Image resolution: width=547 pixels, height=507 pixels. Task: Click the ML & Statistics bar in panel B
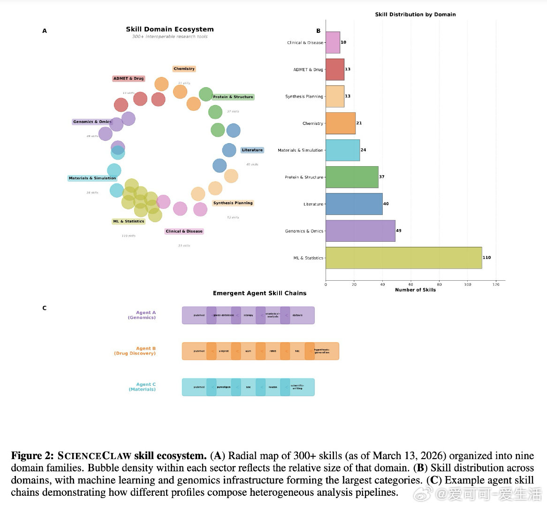pyautogui.click(x=403, y=258)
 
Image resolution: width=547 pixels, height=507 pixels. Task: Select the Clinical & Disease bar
pyautogui.click(x=333, y=42)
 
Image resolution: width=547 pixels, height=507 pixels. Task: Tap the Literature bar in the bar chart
pyautogui.click(x=354, y=204)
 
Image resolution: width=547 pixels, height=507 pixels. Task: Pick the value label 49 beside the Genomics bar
pyautogui.click(x=398, y=230)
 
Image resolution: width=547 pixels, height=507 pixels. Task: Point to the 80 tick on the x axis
pyautogui.click(x=439, y=284)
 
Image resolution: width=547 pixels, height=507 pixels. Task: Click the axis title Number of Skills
pyautogui.click(x=415, y=290)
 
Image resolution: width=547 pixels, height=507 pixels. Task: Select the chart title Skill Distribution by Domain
pyautogui.click(x=415, y=15)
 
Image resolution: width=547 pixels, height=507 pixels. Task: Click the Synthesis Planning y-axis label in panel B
pyautogui.click(x=304, y=96)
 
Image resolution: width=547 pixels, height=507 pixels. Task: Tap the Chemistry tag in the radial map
pyautogui.click(x=184, y=69)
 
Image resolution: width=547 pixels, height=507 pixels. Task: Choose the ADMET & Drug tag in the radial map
pyautogui.click(x=128, y=78)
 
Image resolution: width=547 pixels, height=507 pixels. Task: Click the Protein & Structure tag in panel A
pyautogui.click(x=233, y=97)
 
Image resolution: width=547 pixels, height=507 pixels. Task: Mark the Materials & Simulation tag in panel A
pyautogui.click(x=92, y=178)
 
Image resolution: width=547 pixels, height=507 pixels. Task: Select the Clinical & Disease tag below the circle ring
pyautogui.click(x=184, y=231)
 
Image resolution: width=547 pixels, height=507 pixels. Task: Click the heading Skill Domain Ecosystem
pyautogui.click(x=169, y=29)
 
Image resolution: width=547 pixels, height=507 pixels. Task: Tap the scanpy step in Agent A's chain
pyautogui.click(x=248, y=315)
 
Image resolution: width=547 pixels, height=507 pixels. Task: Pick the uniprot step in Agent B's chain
pyautogui.click(x=224, y=351)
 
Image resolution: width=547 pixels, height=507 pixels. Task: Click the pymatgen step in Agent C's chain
pyautogui.click(x=224, y=387)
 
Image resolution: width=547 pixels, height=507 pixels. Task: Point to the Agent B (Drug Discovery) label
pyautogui.click(x=135, y=351)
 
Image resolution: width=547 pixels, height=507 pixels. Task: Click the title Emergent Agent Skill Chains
pyautogui.click(x=259, y=293)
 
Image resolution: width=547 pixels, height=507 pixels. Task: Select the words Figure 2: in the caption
pyautogui.click(x=32, y=456)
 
